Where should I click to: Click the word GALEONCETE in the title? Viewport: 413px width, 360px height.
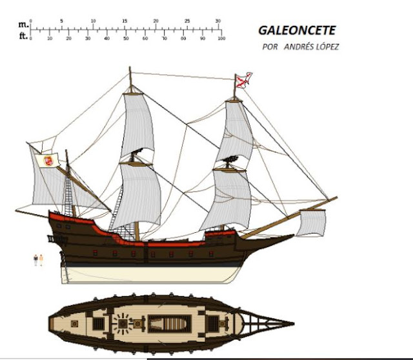coord(297,30)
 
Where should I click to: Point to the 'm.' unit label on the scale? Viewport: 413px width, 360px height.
coord(23,24)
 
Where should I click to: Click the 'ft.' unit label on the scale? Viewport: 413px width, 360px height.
coord(23,36)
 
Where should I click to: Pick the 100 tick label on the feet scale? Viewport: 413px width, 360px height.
coord(221,39)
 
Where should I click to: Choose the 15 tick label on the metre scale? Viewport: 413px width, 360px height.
coord(124,21)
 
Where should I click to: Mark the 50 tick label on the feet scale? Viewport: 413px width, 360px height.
coord(126,39)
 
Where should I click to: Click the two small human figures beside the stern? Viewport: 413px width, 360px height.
coord(38,260)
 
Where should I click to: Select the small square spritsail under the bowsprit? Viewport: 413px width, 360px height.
coord(312,222)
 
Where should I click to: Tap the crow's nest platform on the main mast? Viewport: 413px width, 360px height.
coord(137,163)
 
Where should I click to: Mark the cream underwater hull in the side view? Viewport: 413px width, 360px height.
coord(148,274)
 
